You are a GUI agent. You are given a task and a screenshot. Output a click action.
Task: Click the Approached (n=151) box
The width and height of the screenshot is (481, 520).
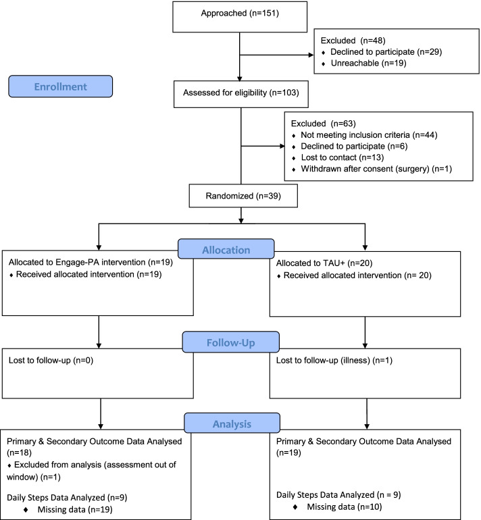[240, 17]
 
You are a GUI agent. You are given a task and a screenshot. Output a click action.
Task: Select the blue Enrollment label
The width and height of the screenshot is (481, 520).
[60, 86]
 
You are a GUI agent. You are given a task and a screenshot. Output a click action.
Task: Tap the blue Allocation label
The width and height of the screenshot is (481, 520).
[226, 249]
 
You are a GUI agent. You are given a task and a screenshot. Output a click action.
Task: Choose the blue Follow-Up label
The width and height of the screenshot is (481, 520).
[231, 342]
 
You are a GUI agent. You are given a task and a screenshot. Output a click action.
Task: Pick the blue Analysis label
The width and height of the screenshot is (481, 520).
[232, 423]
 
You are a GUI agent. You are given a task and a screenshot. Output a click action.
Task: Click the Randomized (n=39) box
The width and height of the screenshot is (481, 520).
[243, 196]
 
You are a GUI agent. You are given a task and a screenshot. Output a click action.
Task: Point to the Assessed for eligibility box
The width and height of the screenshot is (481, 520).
[241, 94]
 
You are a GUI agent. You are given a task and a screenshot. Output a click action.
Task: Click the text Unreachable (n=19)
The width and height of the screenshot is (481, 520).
[369, 63]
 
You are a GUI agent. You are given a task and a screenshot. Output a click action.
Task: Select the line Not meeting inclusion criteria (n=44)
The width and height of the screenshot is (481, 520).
[369, 135]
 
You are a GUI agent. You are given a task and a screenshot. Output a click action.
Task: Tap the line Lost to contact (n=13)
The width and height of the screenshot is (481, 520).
[343, 157]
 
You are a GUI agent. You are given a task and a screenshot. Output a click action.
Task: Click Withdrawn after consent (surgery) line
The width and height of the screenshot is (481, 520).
[376, 169]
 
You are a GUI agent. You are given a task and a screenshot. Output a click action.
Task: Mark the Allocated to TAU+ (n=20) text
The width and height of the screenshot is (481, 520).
[324, 263]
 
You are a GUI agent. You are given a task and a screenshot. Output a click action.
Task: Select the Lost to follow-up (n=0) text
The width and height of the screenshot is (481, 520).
[51, 361]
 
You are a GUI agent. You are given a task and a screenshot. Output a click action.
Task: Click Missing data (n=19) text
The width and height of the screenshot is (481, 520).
[75, 509]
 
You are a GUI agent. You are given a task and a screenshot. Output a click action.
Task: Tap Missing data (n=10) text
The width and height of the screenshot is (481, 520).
[345, 506]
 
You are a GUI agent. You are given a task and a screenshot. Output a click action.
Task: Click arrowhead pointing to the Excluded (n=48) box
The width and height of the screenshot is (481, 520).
[311, 55]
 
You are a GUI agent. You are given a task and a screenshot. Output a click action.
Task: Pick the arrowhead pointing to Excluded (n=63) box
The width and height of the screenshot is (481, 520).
[282, 146]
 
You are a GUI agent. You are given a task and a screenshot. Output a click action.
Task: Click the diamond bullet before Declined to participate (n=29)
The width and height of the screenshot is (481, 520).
[324, 53]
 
